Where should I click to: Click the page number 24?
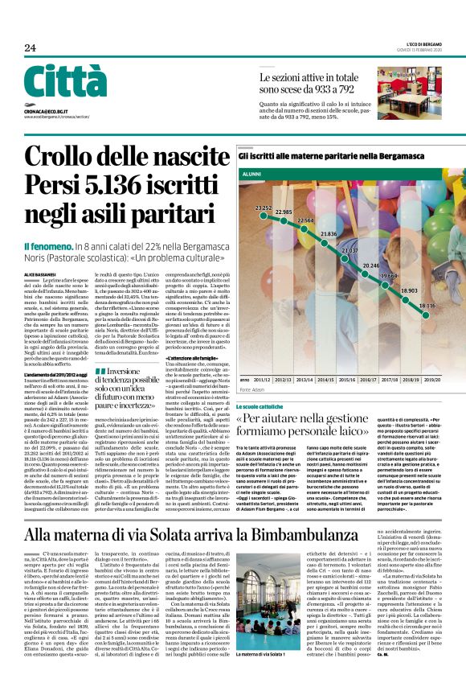click(30, 48)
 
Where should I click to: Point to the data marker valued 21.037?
click(349, 260)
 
